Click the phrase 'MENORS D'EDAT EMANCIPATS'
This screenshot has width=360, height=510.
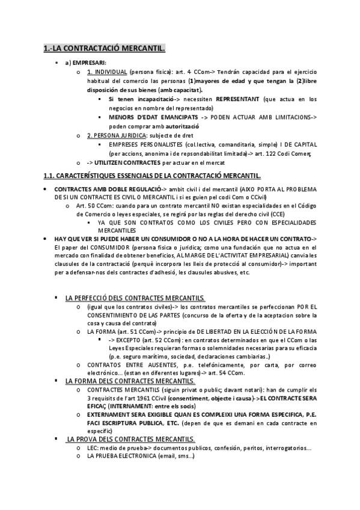tap(148, 117)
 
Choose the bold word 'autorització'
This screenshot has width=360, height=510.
tap(180, 126)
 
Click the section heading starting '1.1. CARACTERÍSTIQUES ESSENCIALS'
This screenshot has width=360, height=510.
tap(152, 176)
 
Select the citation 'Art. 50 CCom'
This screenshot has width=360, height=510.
tap(99, 206)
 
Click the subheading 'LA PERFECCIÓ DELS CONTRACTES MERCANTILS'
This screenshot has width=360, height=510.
tap(135, 298)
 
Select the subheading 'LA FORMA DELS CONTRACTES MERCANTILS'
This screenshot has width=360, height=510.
tap(130, 381)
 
